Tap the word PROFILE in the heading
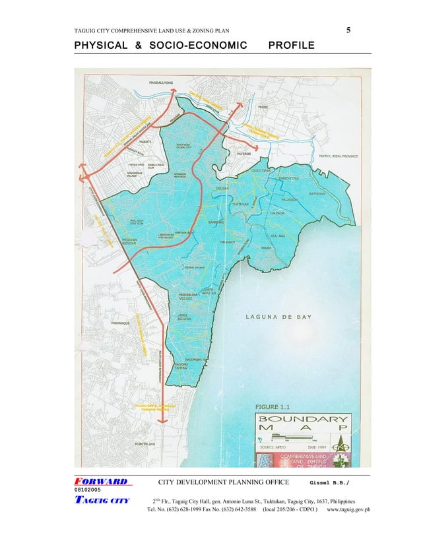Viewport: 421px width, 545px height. coord(292,46)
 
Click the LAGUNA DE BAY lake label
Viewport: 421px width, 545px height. coord(278,317)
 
